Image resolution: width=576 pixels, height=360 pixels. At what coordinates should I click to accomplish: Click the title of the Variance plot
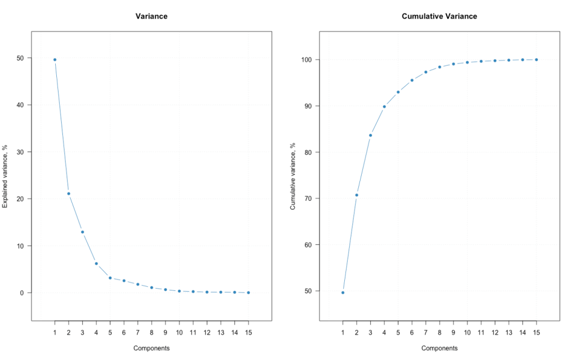tap(151, 16)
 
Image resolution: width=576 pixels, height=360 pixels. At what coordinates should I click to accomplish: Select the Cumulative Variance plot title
tap(439, 16)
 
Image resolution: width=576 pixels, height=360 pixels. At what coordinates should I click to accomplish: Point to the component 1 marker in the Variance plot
tap(55, 60)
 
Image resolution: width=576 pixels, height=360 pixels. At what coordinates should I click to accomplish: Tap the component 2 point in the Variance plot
tap(69, 193)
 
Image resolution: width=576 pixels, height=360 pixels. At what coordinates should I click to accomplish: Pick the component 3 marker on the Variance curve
tap(82, 232)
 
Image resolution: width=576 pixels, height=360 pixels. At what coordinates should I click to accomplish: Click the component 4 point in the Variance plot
tap(96, 263)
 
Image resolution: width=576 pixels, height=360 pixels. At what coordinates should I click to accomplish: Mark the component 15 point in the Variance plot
tap(248, 292)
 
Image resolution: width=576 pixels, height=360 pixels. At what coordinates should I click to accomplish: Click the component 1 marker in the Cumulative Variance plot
tap(343, 292)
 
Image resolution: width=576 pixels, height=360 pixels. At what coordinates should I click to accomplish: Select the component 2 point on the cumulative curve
tap(357, 195)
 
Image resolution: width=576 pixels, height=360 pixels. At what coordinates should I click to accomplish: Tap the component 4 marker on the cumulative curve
tap(384, 106)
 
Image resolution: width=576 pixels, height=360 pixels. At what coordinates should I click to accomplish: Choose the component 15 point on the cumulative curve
tap(536, 60)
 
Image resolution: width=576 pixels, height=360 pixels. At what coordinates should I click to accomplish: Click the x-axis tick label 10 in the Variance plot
tap(179, 332)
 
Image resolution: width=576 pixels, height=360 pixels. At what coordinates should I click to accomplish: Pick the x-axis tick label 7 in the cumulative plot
tap(426, 332)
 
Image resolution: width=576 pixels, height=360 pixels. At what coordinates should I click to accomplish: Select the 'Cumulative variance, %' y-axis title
tap(293, 175)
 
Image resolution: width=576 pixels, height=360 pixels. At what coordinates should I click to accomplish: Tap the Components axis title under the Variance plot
tap(151, 348)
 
